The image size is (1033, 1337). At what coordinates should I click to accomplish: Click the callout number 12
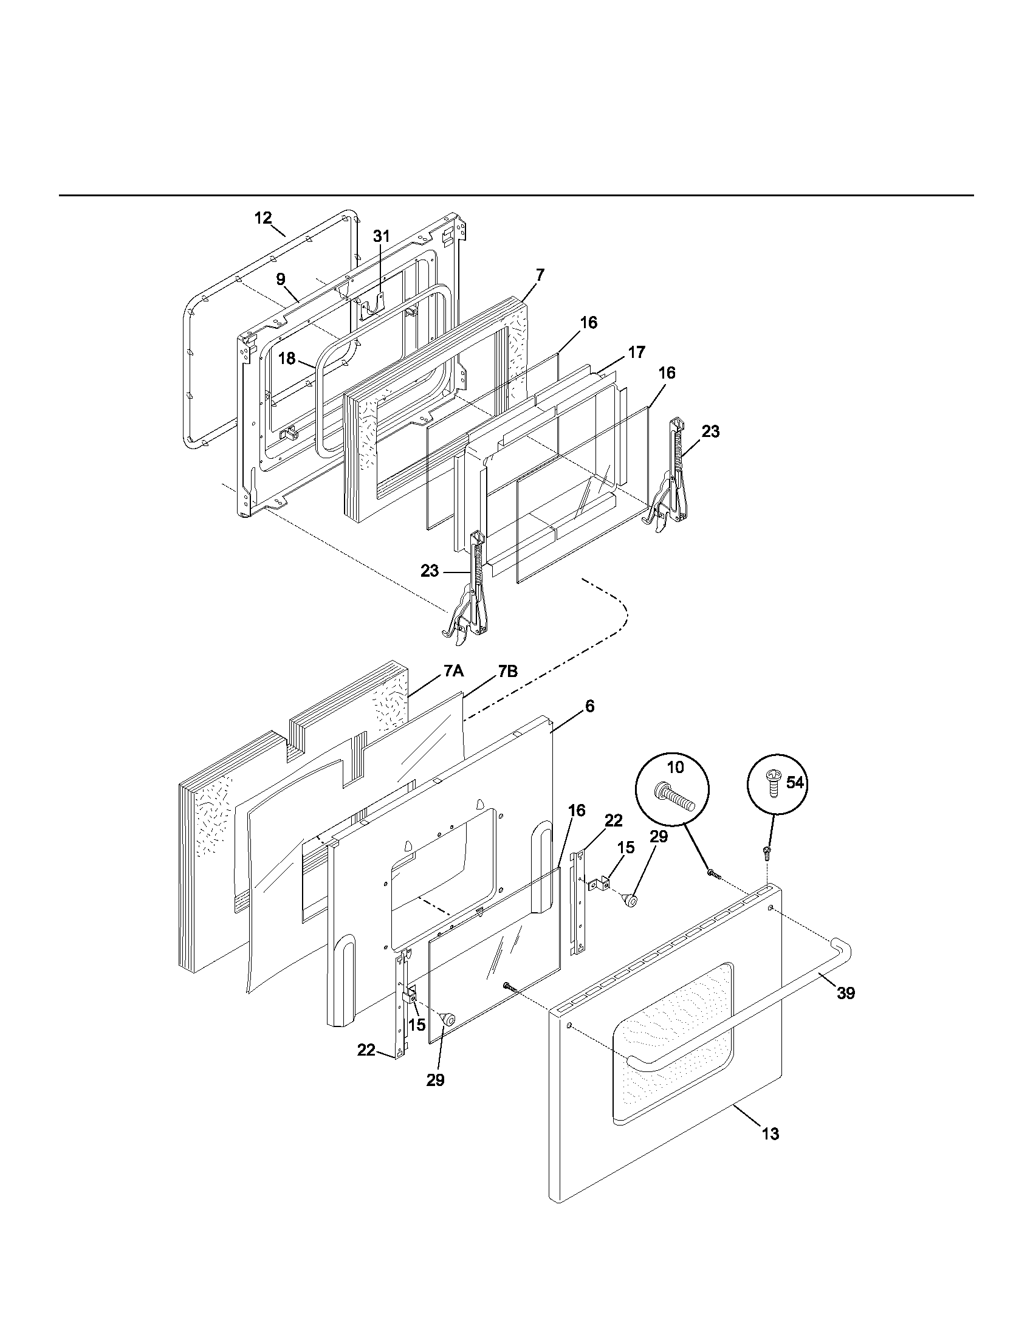263,218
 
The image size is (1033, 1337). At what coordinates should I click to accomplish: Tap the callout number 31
381,236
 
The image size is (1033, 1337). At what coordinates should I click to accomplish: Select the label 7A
453,672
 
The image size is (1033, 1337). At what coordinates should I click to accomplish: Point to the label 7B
507,672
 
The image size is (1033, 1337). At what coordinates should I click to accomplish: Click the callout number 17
636,352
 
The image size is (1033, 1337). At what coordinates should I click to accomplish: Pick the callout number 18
287,359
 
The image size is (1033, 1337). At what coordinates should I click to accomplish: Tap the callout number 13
770,1134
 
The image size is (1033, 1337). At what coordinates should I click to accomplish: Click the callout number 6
589,706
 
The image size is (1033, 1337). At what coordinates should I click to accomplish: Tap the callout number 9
280,279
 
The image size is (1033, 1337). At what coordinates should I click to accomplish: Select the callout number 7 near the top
540,275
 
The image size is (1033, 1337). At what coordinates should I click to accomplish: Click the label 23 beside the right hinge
710,431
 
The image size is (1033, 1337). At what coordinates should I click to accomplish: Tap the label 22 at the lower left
366,1050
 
